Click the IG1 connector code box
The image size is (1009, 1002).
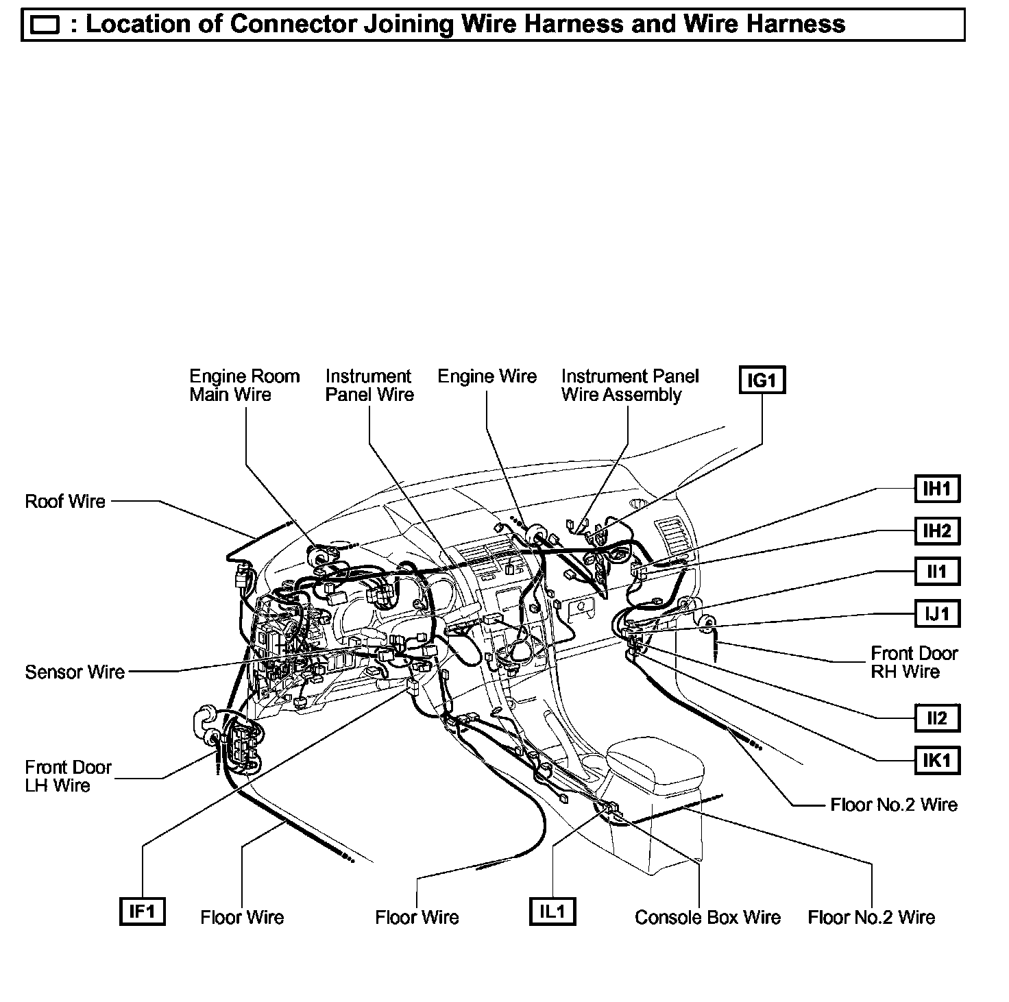click(762, 380)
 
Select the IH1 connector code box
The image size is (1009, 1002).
click(937, 489)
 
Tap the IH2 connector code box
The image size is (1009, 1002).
click(937, 530)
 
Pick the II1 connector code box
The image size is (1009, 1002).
click(937, 571)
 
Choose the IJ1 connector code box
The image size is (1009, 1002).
click(937, 613)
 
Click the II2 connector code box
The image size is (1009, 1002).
click(937, 718)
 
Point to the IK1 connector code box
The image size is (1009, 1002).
click(937, 759)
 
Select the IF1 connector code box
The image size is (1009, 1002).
click(142, 911)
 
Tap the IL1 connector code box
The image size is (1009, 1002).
click(552, 911)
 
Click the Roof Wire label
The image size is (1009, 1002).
click(65, 501)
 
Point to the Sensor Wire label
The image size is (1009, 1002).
click(75, 672)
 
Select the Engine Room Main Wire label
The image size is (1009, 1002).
click(244, 385)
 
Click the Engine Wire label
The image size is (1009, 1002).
click(487, 376)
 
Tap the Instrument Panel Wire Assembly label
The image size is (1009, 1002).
click(629, 385)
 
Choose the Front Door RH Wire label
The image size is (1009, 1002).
click(914, 662)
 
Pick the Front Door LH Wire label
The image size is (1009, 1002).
click(68, 776)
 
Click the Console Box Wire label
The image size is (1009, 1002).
click(707, 917)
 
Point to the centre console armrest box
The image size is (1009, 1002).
click(655, 764)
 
